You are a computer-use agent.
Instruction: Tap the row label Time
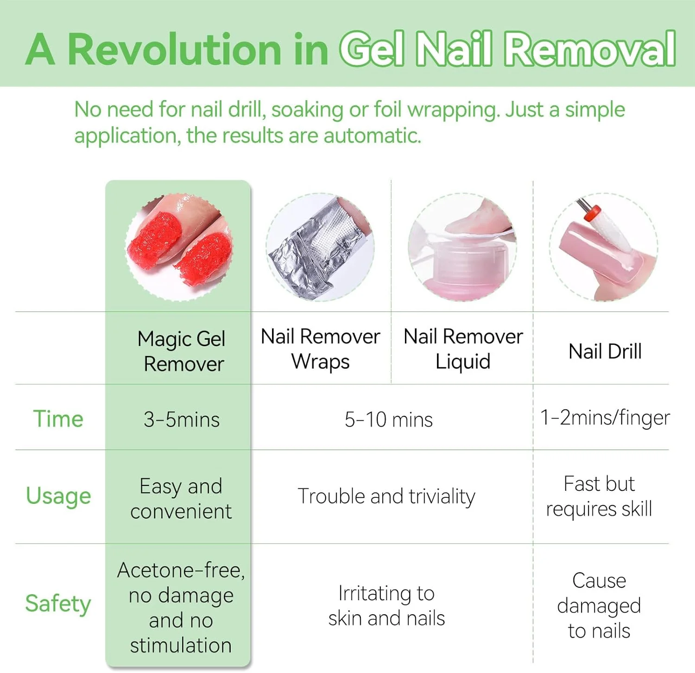[x=58, y=419]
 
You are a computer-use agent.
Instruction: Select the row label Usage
[x=58, y=496]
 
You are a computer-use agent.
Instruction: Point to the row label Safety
[x=58, y=604]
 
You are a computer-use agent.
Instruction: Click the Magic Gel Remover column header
[x=182, y=351]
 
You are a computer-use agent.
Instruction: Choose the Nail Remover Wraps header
[x=321, y=349]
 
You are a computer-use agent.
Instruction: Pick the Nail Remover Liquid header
[x=463, y=349]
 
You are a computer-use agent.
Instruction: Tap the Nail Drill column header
[x=605, y=351]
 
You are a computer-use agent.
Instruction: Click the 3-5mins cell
[x=182, y=419]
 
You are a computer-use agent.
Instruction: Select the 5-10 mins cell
[x=389, y=419]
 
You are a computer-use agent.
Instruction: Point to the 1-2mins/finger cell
[x=605, y=418]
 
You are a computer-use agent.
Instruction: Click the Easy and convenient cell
[x=181, y=499]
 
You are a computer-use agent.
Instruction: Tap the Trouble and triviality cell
[x=386, y=496]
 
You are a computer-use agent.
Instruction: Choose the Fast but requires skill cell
[x=599, y=496]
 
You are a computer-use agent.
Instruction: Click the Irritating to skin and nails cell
[x=386, y=605]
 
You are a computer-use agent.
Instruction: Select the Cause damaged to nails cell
[x=599, y=605]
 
